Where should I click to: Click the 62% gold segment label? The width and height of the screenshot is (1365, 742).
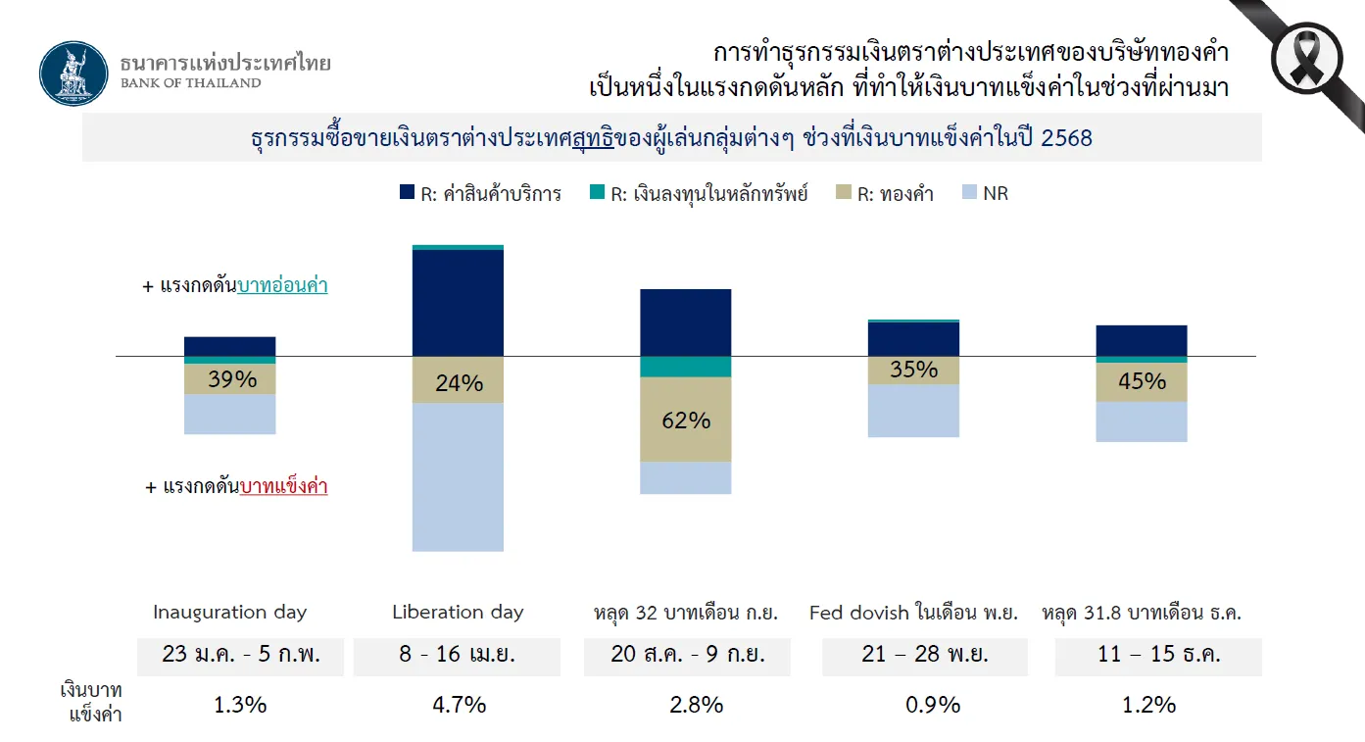point(686,420)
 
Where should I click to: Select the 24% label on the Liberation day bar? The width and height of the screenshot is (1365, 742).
point(459,383)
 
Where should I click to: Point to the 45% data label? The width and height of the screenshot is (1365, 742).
point(1142,380)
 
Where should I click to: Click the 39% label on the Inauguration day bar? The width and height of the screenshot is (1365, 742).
point(231,379)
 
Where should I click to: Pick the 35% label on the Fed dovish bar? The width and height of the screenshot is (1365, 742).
point(913,370)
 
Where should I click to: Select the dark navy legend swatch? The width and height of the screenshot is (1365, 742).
point(408,193)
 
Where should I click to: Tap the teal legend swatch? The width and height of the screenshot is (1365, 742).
point(597,193)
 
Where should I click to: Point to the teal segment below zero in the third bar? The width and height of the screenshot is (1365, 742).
point(686,367)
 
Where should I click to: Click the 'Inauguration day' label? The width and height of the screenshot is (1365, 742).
point(229,613)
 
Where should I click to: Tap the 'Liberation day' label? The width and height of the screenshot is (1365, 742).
point(458,613)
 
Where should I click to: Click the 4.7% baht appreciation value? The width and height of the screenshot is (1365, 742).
point(458,705)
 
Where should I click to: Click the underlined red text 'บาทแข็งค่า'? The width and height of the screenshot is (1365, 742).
point(284,486)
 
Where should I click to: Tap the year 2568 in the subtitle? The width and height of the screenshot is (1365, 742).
point(1066,138)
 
